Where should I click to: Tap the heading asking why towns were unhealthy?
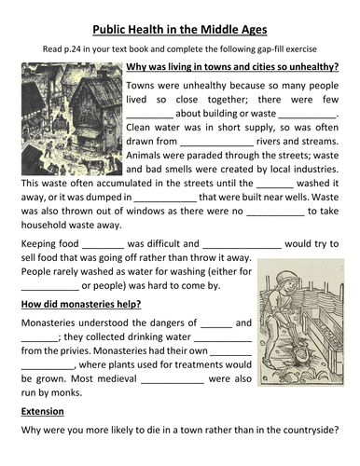pyautogui.click(x=231, y=67)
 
